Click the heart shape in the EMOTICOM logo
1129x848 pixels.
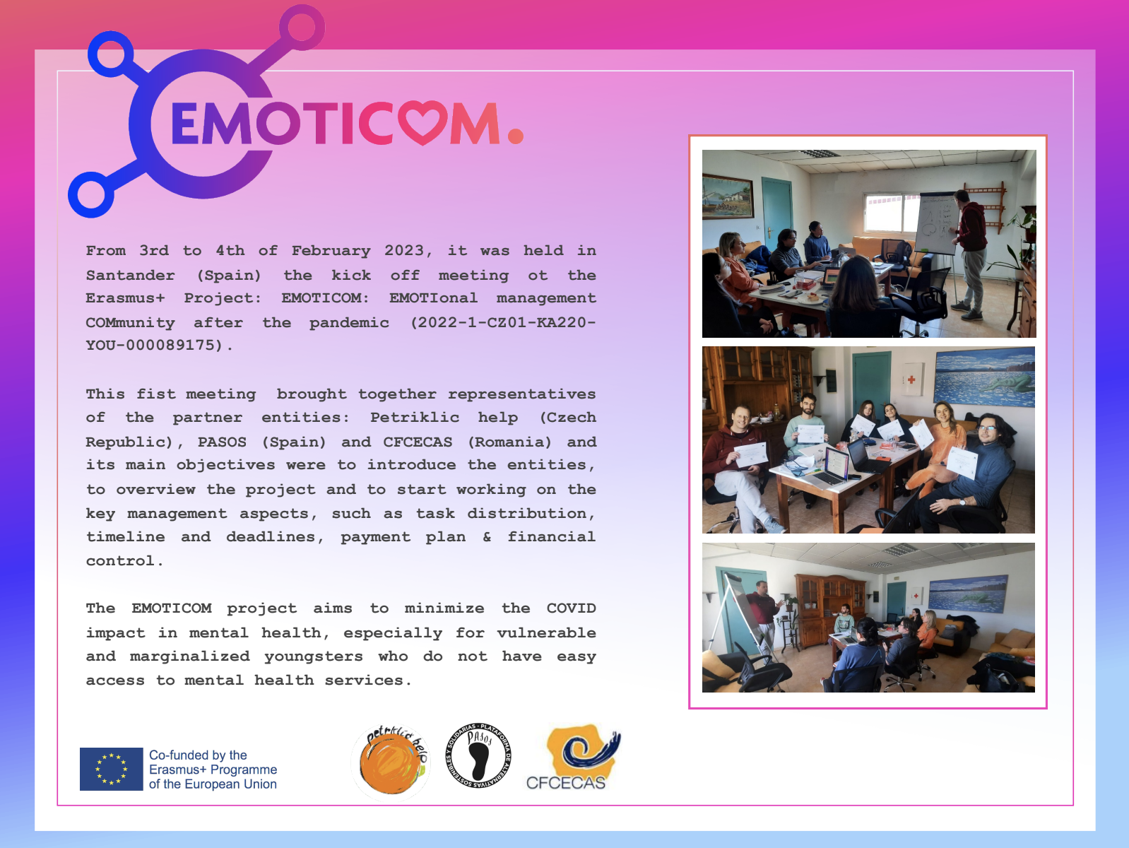(422, 122)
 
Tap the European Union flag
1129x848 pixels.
(111, 769)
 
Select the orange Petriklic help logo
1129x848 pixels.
(391, 762)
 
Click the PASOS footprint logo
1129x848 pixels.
(478, 755)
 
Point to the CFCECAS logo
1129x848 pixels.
(573, 756)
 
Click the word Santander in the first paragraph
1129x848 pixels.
(130, 275)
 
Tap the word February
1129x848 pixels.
(331, 251)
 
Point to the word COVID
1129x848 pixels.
(571, 608)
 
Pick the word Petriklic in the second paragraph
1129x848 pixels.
(415, 417)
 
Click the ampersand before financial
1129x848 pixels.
(487, 537)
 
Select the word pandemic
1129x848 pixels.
(349, 323)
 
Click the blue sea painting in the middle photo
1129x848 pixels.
(984, 377)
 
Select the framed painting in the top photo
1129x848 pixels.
(728, 196)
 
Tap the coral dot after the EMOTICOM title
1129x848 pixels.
(515, 135)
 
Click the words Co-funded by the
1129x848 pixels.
(198, 755)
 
